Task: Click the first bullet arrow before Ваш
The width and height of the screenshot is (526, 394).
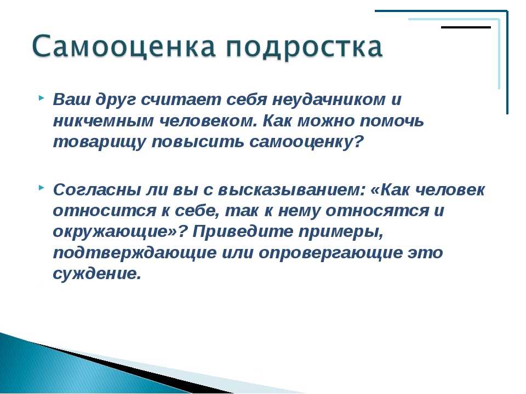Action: click(x=41, y=98)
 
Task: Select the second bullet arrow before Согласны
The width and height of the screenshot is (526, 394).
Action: click(x=41, y=188)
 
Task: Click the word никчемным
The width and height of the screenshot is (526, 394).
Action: click(x=103, y=121)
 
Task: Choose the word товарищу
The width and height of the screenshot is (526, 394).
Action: click(x=99, y=142)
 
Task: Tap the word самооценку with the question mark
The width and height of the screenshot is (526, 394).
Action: click(x=306, y=142)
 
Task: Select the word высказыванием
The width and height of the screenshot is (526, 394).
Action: click(x=291, y=190)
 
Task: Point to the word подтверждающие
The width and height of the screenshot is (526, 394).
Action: click(x=135, y=253)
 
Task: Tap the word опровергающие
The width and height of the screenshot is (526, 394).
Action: click(x=331, y=253)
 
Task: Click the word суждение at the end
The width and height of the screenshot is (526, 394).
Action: click(x=96, y=274)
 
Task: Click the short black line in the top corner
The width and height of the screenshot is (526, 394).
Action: click(x=466, y=27)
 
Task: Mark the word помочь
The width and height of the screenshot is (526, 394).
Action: click(x=392, y=121)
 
